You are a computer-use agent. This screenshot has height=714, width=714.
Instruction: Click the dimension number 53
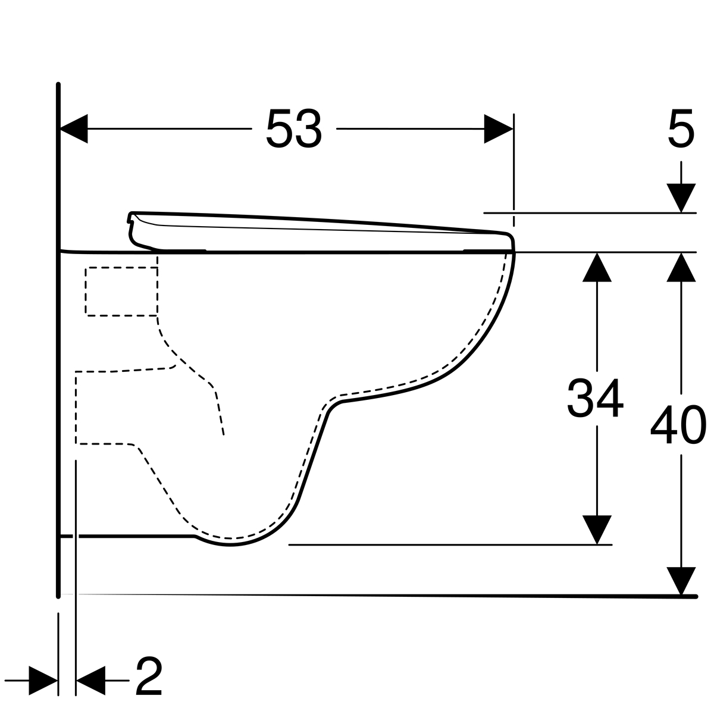click(x=294, y=129)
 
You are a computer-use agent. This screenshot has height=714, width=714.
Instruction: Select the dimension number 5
click(x=681, y=129)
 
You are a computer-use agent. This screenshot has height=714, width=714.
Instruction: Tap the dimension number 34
click(x=595, y=399)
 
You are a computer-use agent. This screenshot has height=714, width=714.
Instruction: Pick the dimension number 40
click(x=678, y=425)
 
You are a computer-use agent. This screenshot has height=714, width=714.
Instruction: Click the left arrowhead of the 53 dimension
click(x=73, y=129)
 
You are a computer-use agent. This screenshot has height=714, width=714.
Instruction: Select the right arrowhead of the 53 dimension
click(x=499, y=129)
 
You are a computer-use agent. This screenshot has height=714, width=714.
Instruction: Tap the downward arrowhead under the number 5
click(x=681, y=198)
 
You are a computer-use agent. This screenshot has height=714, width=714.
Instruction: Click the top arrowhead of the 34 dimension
click(x=597, y=267)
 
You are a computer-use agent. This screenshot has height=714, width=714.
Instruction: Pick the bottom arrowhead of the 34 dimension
click(x=597, y=530)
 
